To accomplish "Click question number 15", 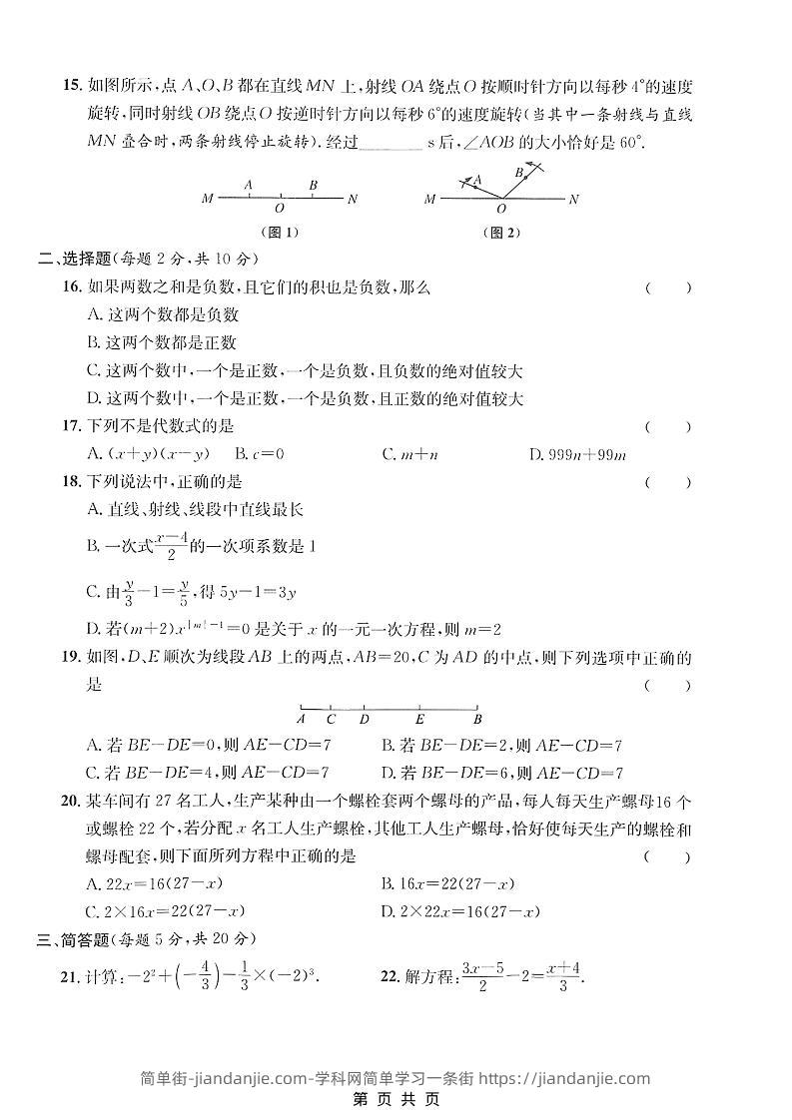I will tap(69, 87).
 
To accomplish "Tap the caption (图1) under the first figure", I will tap(279, 233).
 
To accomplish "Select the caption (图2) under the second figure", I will tap(501, 233).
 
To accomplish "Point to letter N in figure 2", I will tap(573, 200).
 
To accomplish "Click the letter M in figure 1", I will tap(207, 199).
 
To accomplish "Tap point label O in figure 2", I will tap(501, 210).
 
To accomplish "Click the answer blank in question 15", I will tap(389, 143).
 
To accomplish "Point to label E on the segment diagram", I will tap(419, 719).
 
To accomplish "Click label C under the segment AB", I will tap(331, 719).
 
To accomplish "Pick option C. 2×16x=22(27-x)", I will tap(166, 911).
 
